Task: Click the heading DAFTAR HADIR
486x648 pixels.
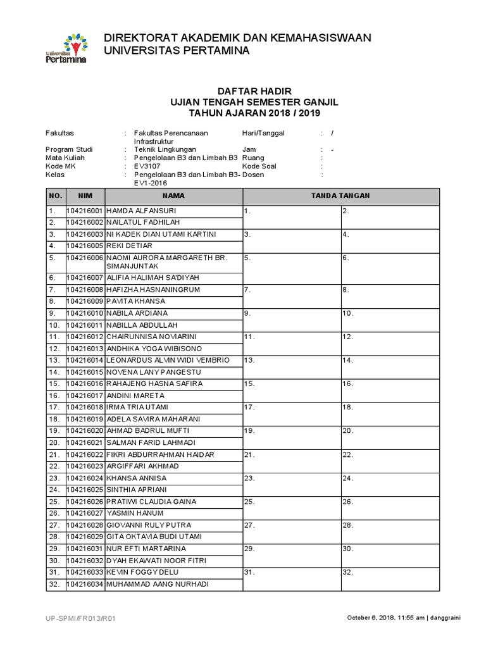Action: tap(243, 92)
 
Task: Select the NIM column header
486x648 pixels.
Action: tap(85, 196)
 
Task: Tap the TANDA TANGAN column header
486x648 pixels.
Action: tap(340, 196)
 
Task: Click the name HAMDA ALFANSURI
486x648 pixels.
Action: tap(141, 211)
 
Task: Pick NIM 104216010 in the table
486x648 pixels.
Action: tap(85, 313)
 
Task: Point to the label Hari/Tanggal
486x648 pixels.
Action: tap(264, 133)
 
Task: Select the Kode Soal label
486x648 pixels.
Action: tap(259, 166)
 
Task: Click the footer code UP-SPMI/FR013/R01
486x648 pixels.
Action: tap(81, 618)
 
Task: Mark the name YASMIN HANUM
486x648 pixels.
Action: tap(135, 513)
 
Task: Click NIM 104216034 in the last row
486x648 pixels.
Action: tap(85, 584)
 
